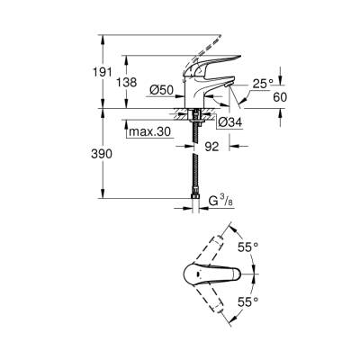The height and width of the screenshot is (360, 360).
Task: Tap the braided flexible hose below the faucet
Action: click(195, 166)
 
